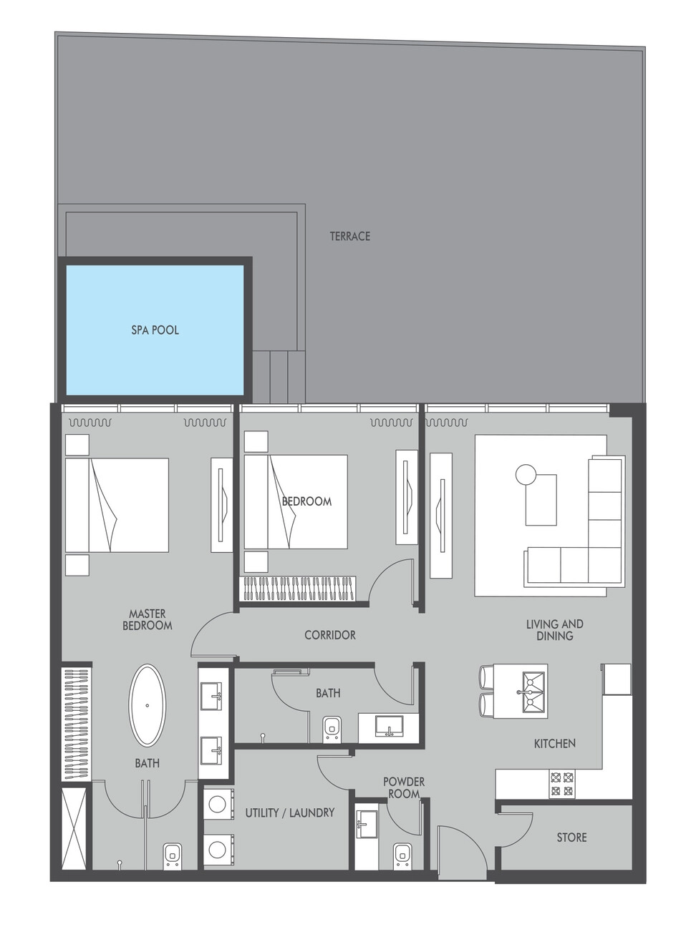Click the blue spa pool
(x=155, y=330)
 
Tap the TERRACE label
(x=350, y=236)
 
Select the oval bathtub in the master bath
(x=148, y=705)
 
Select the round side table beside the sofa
(x=526, y=474)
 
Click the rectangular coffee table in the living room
(x=541, y=500)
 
